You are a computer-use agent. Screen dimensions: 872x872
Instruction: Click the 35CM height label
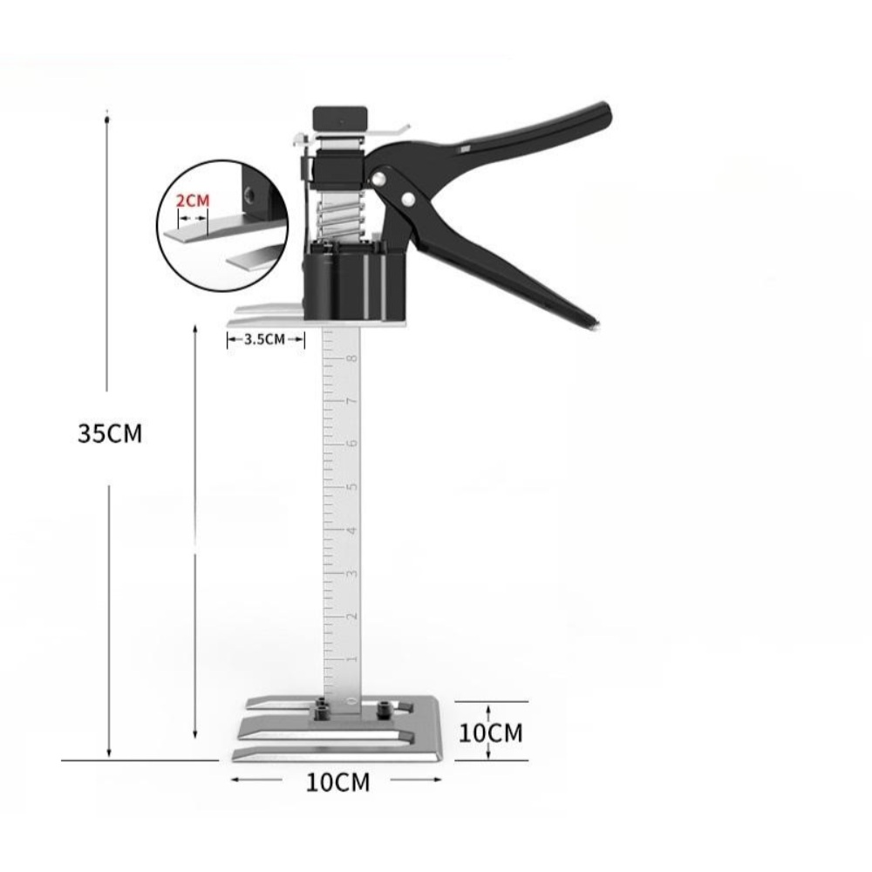tap(110, 433)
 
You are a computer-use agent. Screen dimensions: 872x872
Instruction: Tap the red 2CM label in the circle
tap(193, 201)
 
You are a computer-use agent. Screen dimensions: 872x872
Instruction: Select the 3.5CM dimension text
tap(265, 339)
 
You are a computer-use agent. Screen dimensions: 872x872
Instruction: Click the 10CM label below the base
tap(337, 782)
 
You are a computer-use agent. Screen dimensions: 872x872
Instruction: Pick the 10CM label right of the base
tap(490, 733)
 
